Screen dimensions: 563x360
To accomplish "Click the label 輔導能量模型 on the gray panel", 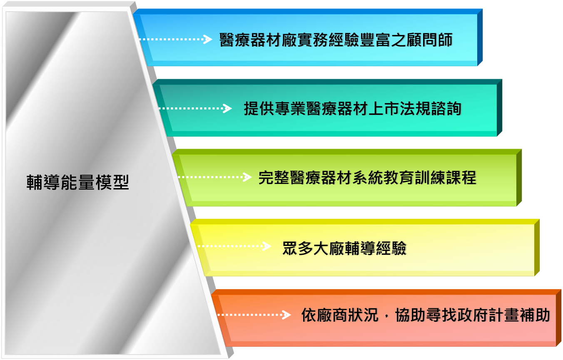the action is (78, 182).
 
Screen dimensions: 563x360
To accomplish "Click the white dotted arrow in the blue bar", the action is (175, 39).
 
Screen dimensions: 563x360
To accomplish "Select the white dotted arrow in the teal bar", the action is (195, 109).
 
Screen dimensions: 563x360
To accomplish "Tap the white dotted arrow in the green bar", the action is (214, 177).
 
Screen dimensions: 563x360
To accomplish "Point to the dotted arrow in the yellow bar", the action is (234, 246).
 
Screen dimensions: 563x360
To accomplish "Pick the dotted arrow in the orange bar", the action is (254, 315).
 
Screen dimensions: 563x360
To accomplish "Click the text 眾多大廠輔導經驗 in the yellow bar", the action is (344, 248).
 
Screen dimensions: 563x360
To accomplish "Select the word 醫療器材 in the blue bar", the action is (250, 40).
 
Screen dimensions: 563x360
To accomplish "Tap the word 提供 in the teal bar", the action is (259, 109).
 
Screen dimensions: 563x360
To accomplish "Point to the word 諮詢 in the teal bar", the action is (446, 109).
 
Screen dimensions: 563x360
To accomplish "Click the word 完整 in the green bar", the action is (274, 178).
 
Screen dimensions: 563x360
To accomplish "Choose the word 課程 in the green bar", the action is (461, 178).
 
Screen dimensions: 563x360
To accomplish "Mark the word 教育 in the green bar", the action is (399, 178).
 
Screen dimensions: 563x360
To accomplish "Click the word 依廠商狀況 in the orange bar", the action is (340, 315).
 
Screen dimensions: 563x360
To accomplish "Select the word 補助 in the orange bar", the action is (535, 315).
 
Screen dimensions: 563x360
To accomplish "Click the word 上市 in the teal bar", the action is (384, 109).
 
